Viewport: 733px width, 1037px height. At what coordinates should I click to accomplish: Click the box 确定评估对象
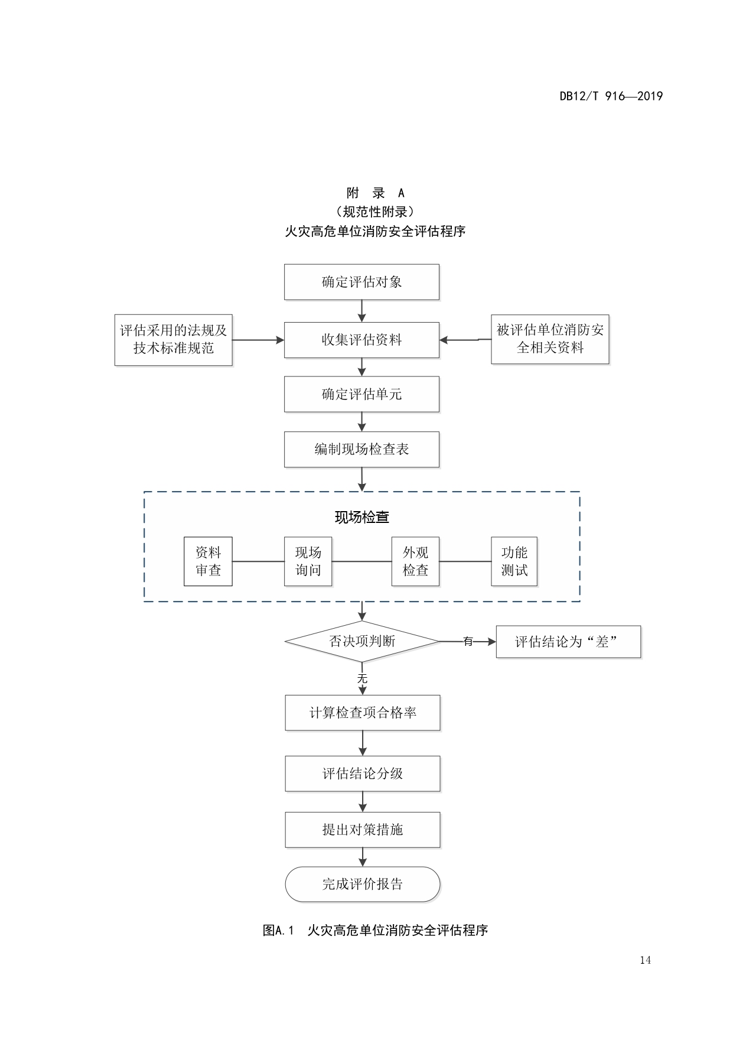(361, 282)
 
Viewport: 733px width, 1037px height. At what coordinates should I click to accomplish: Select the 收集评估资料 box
(361, 340)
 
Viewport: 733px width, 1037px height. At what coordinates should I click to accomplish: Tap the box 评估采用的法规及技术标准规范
(173, 340)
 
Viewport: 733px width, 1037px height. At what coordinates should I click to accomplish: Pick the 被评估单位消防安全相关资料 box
(550, 339)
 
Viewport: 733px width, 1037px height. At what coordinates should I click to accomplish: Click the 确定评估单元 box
(361, 394)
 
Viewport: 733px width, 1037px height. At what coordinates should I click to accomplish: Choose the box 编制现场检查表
(361, 450)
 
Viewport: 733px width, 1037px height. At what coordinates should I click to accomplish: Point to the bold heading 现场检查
(361, 518)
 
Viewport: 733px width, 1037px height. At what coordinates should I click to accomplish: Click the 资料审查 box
(208, 561)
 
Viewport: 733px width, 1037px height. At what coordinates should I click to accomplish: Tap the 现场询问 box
(308, 561)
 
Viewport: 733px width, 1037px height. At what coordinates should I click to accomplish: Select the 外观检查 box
(415, 561)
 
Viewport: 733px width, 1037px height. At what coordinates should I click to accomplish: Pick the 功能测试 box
(514, 561)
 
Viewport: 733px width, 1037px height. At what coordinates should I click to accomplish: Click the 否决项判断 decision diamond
(361, 642)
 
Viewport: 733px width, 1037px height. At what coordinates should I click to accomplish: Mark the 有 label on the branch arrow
(468, 642)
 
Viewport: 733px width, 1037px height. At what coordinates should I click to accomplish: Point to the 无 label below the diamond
(362, 679)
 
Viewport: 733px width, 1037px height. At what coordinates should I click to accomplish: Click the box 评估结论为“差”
(568, 642)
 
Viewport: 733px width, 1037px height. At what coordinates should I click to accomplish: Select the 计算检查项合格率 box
(363, 713)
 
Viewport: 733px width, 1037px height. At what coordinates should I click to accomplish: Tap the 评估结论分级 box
(363, 774)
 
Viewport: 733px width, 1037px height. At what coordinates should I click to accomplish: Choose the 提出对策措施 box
(363, 830)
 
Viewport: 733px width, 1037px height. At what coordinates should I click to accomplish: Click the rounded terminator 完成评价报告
(363, 885)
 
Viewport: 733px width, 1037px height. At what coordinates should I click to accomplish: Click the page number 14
(645, 960)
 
